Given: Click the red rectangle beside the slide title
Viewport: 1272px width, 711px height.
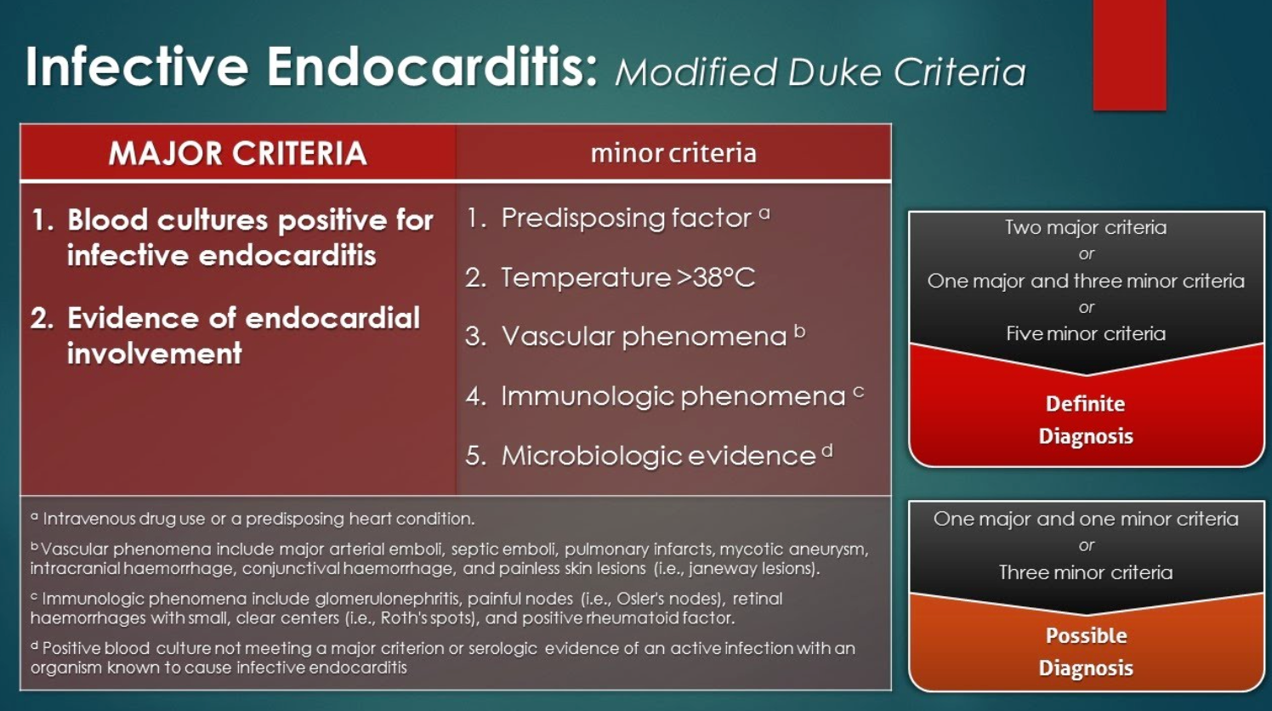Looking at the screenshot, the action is point(1129,55).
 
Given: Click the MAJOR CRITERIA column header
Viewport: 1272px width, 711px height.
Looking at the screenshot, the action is point(237,153).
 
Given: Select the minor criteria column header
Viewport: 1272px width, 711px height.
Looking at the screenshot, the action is point(673,153).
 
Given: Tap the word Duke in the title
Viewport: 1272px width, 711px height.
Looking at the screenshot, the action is point(835,72).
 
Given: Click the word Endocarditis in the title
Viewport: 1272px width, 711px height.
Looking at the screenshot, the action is point(432,66).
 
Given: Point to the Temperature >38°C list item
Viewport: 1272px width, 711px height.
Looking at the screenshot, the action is point(610,278).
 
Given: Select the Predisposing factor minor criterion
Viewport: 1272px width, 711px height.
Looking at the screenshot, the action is point(618,218).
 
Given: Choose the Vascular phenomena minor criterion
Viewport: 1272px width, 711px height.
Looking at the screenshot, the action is point(635,336).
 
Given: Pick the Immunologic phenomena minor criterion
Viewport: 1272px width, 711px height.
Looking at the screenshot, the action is point(665,395).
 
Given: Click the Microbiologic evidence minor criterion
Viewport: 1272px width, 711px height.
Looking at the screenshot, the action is point(649,456).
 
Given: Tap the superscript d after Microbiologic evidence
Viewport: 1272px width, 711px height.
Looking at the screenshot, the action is point(827,451).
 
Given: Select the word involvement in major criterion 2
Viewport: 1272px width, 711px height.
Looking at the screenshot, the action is point(155,353).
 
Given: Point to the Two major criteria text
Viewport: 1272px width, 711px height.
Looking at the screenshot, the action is point(1086,227).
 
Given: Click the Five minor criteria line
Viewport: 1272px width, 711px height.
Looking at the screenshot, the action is point(1086,333).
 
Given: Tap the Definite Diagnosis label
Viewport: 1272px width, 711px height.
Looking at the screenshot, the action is point(1086,419).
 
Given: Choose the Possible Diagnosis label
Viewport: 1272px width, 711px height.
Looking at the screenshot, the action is point(1086,651).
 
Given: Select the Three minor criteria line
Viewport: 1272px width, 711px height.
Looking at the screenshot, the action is point(1086,572).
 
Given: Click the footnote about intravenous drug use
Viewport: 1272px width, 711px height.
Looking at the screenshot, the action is point(253,519).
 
